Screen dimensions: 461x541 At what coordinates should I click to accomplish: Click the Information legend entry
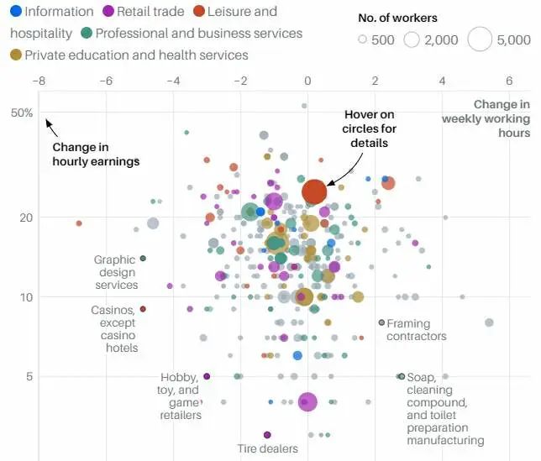point(52,12)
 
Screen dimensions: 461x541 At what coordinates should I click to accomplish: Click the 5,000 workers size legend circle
point(480,39)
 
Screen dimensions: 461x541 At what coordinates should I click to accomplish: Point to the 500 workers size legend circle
point(363,39)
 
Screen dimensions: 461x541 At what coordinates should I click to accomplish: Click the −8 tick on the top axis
point(39,81)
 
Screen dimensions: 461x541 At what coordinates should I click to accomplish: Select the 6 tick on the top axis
point(509,81)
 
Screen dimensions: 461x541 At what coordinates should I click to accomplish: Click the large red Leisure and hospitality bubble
point(313,192)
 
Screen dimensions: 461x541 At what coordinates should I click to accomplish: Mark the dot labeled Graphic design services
point(143,259)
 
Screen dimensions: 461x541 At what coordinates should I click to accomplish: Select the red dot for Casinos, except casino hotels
point(143,309)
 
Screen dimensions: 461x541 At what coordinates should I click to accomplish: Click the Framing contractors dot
point(381,322)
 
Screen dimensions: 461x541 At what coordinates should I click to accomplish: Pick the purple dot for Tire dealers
point(267,435)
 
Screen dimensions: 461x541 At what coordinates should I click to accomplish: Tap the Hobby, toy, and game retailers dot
point(207,376)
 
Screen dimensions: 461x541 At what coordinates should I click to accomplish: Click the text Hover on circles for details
point(369,128)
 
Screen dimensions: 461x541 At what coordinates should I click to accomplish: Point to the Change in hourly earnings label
point(96,154)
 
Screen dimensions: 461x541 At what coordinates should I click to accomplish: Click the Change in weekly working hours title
point(486,118)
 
